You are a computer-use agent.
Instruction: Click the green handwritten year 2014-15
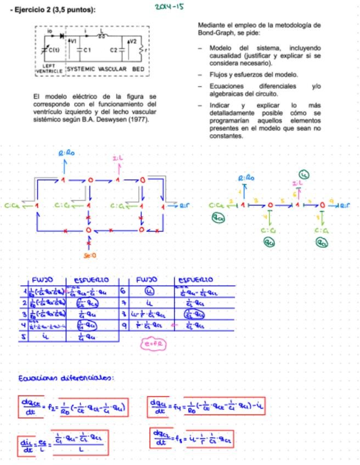tap(168, 8)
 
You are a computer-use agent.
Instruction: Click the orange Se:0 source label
tap(90, 256)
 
